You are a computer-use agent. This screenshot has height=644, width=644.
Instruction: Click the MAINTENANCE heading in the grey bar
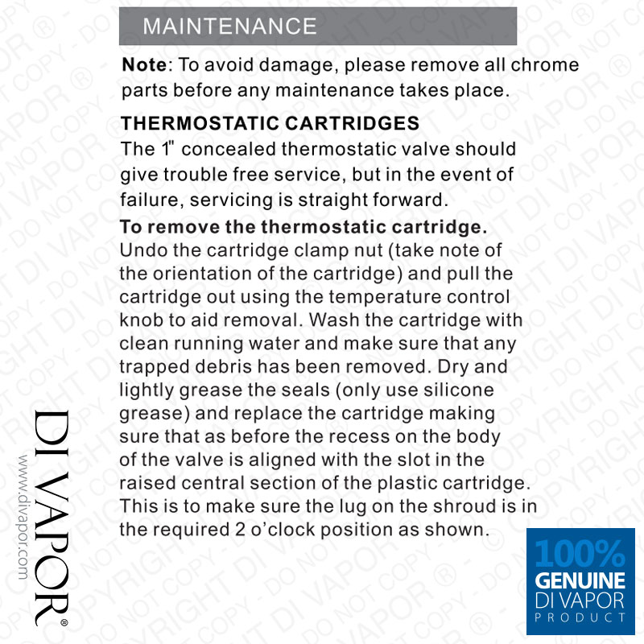coord(229,26)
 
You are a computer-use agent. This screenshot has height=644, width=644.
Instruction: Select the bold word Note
coord(144,65)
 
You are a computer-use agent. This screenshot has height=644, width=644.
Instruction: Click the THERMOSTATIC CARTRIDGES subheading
coord(270,124)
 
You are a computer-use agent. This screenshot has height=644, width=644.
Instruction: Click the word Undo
coord(142,250)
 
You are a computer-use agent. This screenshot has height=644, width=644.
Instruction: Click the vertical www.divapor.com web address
coord(23,515)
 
